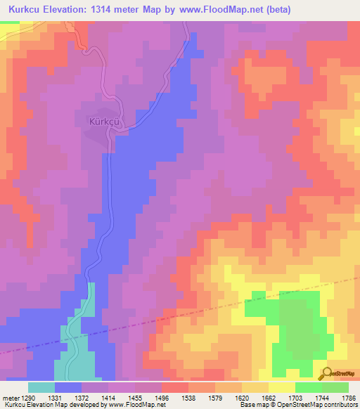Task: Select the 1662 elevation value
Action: pos(282,398)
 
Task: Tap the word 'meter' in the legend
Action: pos(10,398)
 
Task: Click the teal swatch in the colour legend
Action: pos(41,387)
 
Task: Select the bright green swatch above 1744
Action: pos(309,387)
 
